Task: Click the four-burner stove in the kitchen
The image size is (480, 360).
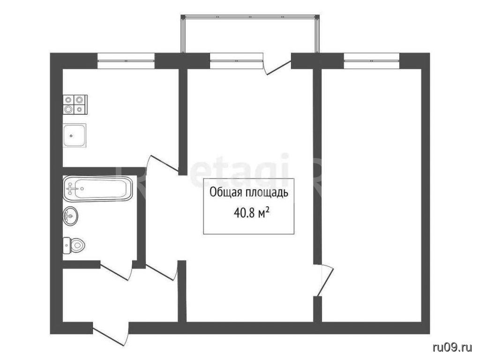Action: coord(75,104)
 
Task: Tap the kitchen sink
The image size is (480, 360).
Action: coord(75,135)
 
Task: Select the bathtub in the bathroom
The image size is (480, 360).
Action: coord(98,188)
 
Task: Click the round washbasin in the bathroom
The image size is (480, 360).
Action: coord(70,216)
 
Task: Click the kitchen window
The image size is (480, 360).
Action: coord(126,60)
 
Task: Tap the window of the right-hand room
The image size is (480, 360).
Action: coord(372,60)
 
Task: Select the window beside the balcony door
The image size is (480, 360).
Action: coord(236,60)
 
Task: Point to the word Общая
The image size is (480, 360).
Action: coord(223,193)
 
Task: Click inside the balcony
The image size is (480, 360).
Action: coord(250,34)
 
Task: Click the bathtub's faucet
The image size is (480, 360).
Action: coord(71,189)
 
